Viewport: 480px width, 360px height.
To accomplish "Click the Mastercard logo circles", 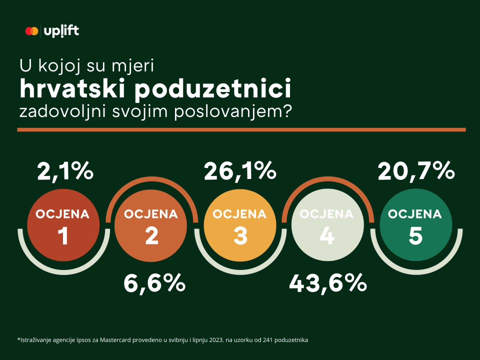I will (x=31, y=31).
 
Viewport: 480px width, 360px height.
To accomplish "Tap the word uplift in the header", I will (x=61, y=31).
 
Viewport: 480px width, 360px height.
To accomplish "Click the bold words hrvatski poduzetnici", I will (x=155, y=88).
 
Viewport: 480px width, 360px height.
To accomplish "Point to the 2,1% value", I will (x=65, y=171).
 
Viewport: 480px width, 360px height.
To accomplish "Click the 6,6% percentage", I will (x=154, y=283).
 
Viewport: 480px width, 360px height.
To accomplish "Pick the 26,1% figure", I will (x=240, y=171).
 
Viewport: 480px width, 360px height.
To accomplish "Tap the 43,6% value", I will (x=328, y=283).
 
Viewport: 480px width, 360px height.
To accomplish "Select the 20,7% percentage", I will (x=416, y=171).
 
